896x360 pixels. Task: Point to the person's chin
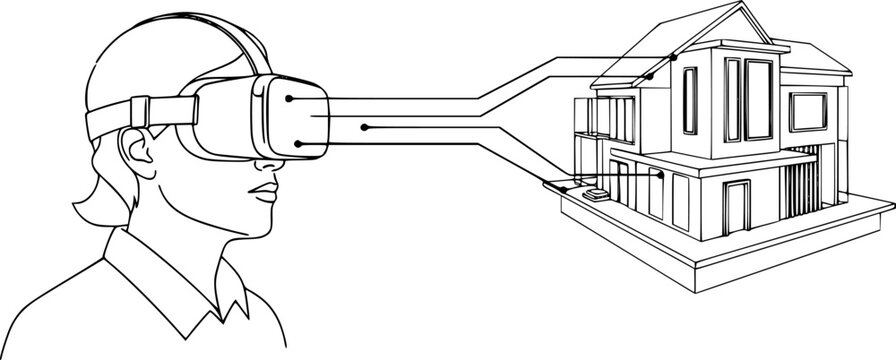point(262,226)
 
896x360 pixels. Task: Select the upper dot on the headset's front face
point(289,99)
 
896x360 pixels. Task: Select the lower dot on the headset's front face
point(297,143)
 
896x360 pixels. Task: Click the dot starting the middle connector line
point(365,127)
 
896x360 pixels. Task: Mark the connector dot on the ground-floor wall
point(661,174)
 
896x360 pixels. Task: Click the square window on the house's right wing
point(808,113)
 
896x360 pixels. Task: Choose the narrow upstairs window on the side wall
point(691,99)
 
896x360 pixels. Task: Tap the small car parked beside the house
point(598,196)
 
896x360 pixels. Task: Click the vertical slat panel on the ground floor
point(799,190)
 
